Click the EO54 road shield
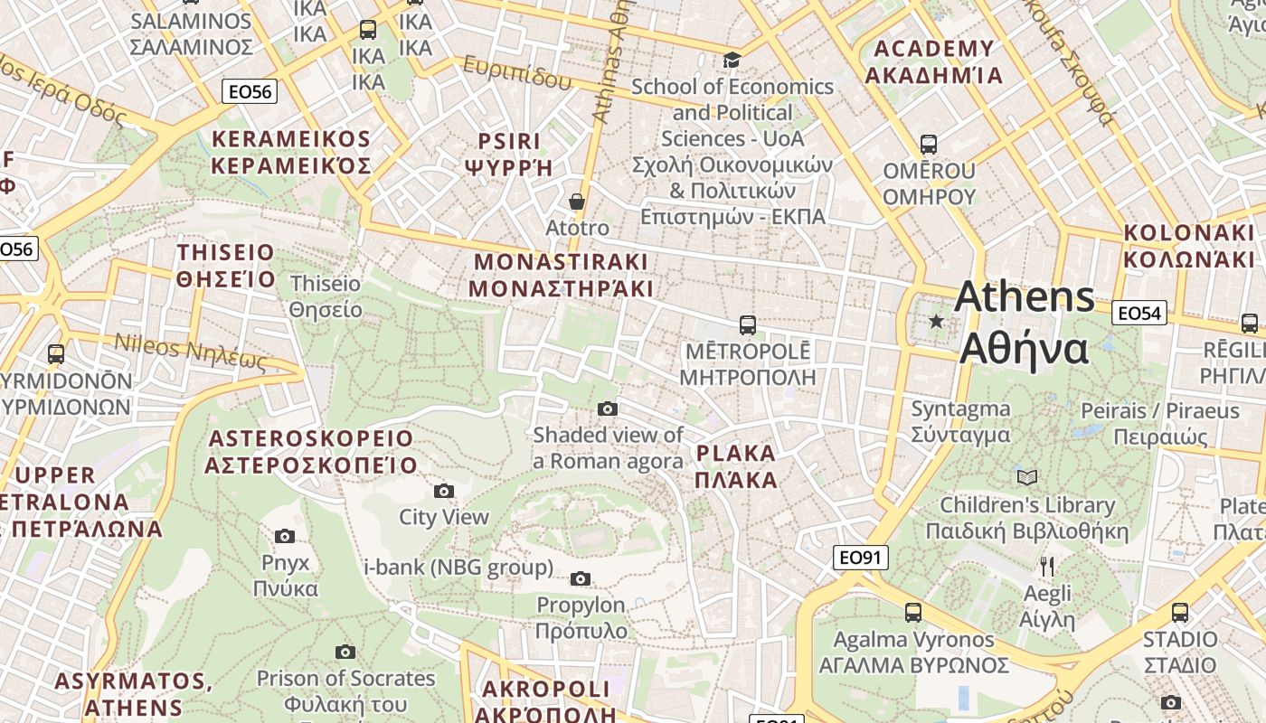1138,313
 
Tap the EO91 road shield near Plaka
860,558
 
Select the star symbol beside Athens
936,321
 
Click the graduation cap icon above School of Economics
731,60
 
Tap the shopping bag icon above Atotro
576,201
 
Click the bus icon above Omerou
928,144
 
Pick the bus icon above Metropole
747,324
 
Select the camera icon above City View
443,491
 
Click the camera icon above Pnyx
285,536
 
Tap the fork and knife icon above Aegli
1046,567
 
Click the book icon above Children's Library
1026,477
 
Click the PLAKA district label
736,466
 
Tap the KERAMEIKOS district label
291,152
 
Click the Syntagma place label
960,421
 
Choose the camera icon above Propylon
581,578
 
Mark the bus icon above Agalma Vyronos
913,612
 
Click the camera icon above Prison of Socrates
345,652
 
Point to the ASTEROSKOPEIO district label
311,452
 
